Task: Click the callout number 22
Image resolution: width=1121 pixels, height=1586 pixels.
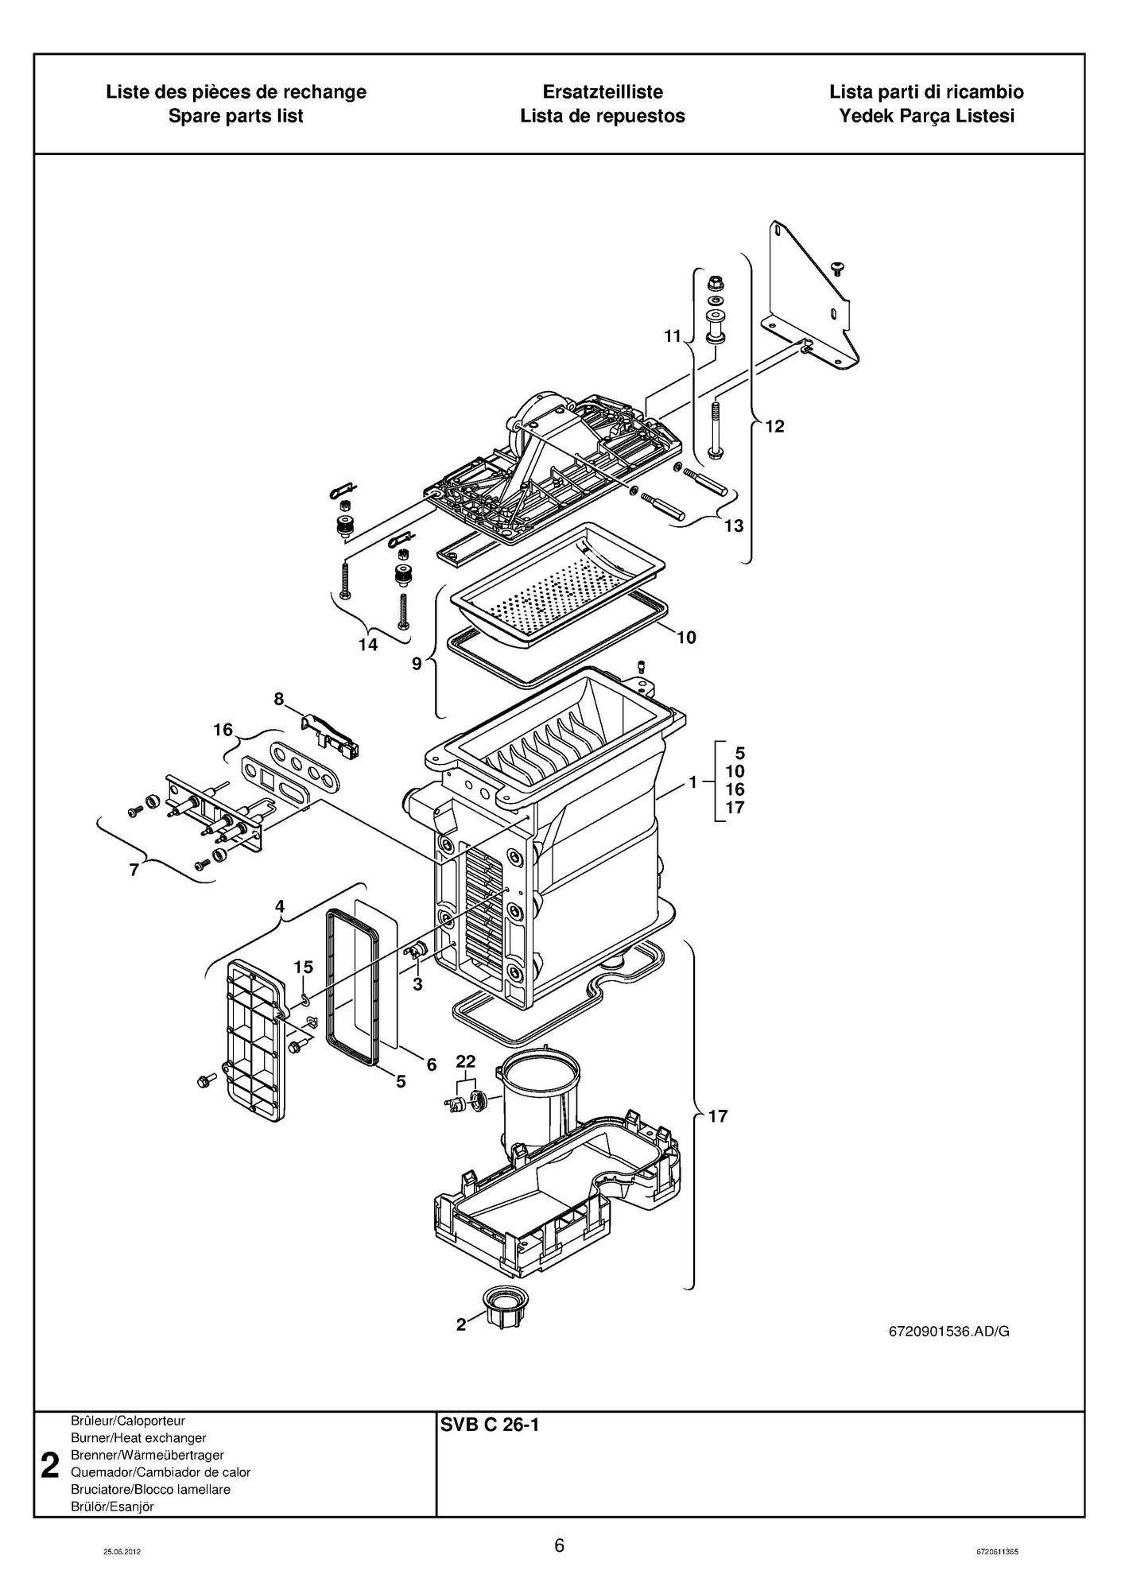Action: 465,1061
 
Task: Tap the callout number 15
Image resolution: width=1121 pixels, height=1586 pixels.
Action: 303,967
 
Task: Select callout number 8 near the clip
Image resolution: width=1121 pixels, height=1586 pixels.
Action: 278,699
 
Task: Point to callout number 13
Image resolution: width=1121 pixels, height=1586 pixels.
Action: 733,525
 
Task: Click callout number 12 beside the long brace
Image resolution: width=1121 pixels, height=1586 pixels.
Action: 774,426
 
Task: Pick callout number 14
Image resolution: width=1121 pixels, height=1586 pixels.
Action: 367,645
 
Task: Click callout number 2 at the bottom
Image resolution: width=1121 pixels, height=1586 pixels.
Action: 461,1324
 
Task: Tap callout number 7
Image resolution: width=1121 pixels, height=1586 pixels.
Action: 134,870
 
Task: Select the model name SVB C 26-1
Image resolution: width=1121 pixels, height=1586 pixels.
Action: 490,1425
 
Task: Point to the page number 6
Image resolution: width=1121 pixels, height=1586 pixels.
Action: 560,1545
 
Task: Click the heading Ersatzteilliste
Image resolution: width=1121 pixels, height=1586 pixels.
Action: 603,91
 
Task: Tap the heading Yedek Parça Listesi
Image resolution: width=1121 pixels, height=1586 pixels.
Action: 926,116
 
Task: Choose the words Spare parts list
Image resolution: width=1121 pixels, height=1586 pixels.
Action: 236,116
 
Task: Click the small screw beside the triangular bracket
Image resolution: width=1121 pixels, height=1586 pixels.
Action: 837,267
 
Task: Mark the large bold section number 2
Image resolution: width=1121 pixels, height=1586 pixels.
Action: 50,1465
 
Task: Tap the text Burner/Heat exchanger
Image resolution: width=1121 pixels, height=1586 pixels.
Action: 138,1437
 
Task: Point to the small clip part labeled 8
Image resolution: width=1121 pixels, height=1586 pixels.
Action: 332,732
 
